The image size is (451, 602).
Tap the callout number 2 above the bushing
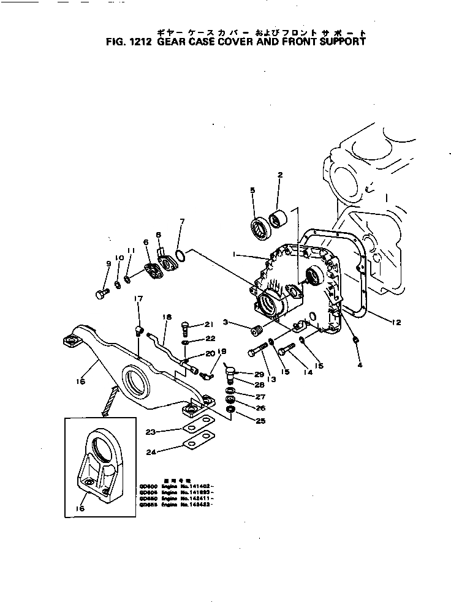tap(280, 175)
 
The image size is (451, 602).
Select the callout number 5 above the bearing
tap(252, 190)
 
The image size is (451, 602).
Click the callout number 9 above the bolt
tap(108, 264)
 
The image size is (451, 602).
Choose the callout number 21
tap(208, 325)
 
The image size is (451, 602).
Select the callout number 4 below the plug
tap(360, 366)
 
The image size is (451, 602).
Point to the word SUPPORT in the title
tap(339, 42)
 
